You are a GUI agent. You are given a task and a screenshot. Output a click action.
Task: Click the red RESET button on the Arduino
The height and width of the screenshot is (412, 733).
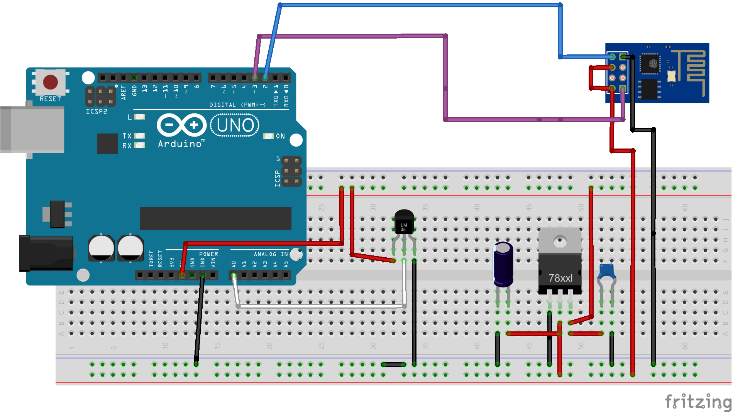click(50, 82)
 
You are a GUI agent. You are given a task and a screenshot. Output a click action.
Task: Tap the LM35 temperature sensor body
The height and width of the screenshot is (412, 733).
click(404, 224)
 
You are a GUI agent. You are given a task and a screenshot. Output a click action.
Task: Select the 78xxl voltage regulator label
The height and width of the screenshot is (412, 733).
click(560, 278)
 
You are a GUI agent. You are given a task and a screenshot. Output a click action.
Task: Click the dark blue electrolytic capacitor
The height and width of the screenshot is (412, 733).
click(503, 264)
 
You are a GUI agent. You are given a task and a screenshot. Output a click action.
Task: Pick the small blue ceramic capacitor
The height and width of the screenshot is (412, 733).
click(606, 271)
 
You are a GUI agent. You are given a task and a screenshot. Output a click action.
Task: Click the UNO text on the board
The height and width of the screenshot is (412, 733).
click(235, 125)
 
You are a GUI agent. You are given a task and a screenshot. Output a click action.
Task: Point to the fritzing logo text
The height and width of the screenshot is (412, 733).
click(697, 402)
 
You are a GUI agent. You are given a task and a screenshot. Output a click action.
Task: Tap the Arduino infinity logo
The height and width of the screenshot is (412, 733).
click(181, 125)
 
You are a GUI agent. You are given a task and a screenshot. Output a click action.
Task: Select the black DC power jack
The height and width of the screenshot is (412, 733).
click(46, 253)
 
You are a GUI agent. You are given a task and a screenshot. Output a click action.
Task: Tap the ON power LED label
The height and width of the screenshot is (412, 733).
click(280, 136)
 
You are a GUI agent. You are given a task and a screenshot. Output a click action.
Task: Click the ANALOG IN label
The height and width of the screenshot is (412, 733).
click(271, 254)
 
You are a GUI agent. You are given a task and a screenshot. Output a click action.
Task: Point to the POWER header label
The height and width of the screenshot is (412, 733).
click(208, 254)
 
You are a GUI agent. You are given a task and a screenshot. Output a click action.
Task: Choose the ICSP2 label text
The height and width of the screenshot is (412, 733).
click(96, 111)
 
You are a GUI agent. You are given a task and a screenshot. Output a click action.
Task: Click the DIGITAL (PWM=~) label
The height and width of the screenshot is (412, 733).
click(237, 105)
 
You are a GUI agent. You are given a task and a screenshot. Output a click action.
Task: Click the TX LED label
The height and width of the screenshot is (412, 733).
click(127, 136)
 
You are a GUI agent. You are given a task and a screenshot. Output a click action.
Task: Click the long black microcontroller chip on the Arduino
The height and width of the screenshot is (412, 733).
click(215, 218)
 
